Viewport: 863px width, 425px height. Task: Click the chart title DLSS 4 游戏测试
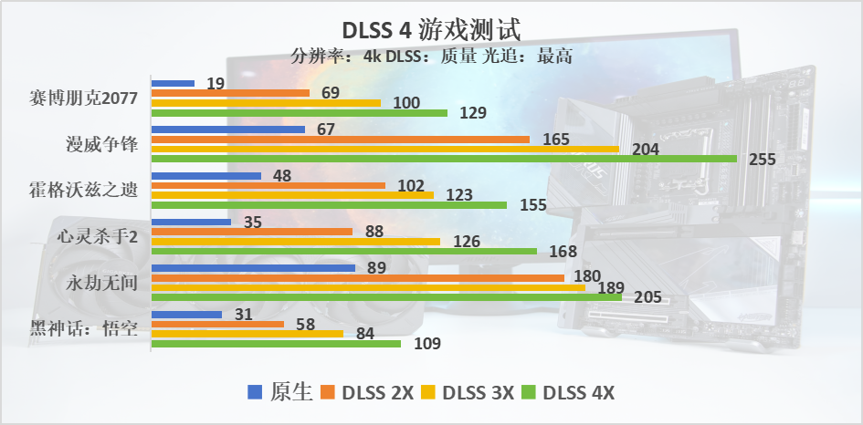tap(432, 28)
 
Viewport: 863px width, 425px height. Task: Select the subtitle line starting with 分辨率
tap(432, 56)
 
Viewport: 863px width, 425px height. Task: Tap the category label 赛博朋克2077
tap(84, 98)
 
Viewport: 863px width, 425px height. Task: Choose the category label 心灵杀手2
tap(97, 236)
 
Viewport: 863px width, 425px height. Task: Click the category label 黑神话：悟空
tap(84, 328)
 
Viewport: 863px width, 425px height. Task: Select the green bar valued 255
tap(444, 159)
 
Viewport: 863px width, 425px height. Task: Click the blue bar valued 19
tap(173, 83)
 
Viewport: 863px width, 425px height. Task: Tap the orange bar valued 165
tap(340, 140)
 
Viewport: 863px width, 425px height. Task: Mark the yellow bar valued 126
tap(295, 242)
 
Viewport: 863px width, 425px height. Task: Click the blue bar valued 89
tap(253, 268)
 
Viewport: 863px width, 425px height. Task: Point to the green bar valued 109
tap(276, 344)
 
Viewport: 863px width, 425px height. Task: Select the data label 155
tap(533, 205)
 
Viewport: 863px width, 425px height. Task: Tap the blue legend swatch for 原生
tap(257, 393)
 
